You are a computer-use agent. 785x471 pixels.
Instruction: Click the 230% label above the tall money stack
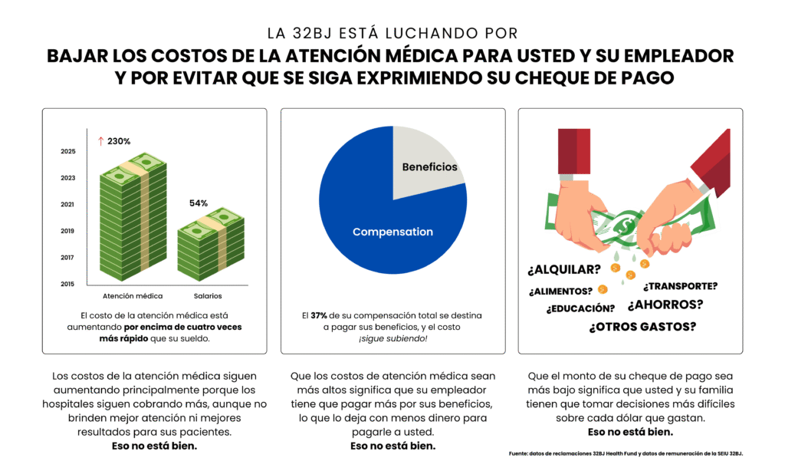pyautogui.click(x=119, y=141)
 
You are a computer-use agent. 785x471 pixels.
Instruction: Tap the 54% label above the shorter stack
pyautogui.click(x=199, y=203)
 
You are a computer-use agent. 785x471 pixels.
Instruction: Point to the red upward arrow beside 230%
pyautogui.click(x=100, y=141)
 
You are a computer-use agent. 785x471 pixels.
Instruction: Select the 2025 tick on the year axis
pyautogui.click(x=67, y=152)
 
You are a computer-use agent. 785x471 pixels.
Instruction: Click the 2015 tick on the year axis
pyautogui.click(x=67, y=284)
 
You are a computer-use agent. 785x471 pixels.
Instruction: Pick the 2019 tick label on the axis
pyautogui.click(x=67, y=231)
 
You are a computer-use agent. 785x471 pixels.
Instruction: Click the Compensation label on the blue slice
pyautogui.click(x=392, y=232)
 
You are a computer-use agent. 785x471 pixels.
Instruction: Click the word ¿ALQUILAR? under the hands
pyautogui.click(x=563, y=270)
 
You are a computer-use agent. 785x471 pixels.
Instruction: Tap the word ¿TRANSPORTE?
pyautogui.click(x=680, y=286)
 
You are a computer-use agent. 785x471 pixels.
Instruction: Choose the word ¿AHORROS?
pyautogui.click(x=665, y=305)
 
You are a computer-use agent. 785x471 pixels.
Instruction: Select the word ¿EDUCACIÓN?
pyautogui.click(x=580, y=308)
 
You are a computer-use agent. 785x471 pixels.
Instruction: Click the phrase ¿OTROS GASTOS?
pyautogui.click(x=642, y=327)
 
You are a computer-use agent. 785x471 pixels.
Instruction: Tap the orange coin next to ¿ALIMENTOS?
pyautogui.click(x=603, y=289)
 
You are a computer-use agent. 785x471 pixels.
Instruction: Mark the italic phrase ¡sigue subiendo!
pyautogui.click(x=392, y=338)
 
